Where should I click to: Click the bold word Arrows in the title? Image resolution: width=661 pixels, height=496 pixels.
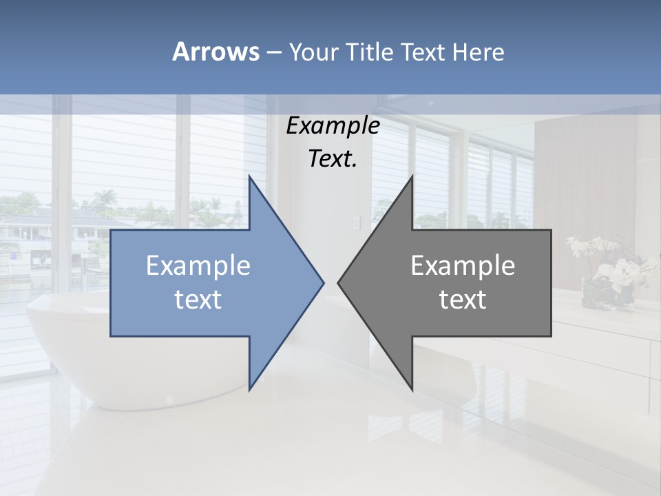click(x=216, y=52)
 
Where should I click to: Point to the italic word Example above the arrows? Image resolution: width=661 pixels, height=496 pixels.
click(x=333, y=125)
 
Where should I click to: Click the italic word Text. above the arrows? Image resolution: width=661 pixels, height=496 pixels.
click(x=333, y=158)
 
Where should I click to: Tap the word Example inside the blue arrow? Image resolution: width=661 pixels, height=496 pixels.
click(x=198, y=265)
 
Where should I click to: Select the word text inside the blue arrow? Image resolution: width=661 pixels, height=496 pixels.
click(x=198, y=300)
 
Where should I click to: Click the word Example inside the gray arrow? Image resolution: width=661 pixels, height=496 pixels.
click(x=463, y=265)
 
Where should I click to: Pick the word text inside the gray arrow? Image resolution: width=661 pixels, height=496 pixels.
click(x=463, y=300)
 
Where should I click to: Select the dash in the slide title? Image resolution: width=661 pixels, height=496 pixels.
click(x=273, y=52)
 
